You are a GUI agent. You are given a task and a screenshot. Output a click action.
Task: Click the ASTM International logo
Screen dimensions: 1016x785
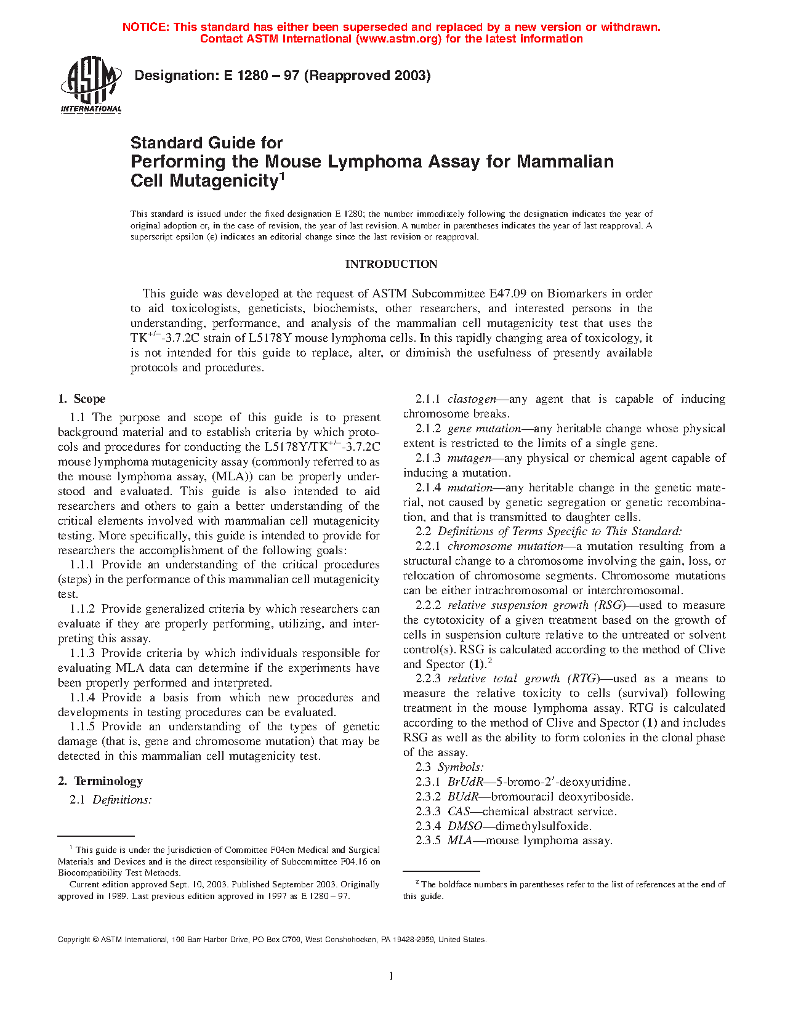(x=91, y=85)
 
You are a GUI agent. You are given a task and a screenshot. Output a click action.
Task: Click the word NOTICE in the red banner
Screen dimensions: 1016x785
(x=145, y=27)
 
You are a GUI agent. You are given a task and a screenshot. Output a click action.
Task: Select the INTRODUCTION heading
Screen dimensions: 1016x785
(x=391, y=264)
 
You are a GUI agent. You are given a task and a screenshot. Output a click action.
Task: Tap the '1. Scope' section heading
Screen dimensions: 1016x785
(x=82, y=399)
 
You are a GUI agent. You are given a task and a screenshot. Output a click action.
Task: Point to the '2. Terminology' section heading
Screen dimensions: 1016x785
(x=100, y=781)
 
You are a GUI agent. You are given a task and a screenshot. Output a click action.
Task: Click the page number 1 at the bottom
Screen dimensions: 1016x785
(x=392, y=975)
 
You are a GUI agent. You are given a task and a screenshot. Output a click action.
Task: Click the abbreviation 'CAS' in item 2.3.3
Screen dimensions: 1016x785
(x=459, y=812)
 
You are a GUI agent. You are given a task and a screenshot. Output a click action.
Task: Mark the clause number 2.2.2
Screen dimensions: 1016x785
(x=428, y=605)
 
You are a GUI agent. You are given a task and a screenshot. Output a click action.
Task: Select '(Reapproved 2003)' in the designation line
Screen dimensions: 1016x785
(x=368, y=76)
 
